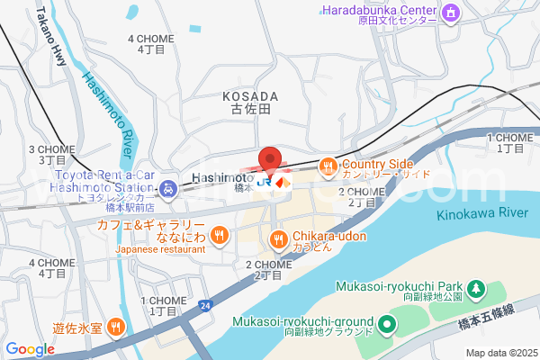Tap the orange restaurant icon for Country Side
328,166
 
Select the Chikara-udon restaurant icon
278,238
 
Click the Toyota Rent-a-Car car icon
167,189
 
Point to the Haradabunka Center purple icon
452,13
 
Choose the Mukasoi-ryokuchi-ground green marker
387,323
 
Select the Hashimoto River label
109,117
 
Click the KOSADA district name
249,94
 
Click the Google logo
30,349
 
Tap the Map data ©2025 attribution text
499,353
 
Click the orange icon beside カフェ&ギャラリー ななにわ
219,236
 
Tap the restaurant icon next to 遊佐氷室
114,326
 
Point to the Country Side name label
377,164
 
